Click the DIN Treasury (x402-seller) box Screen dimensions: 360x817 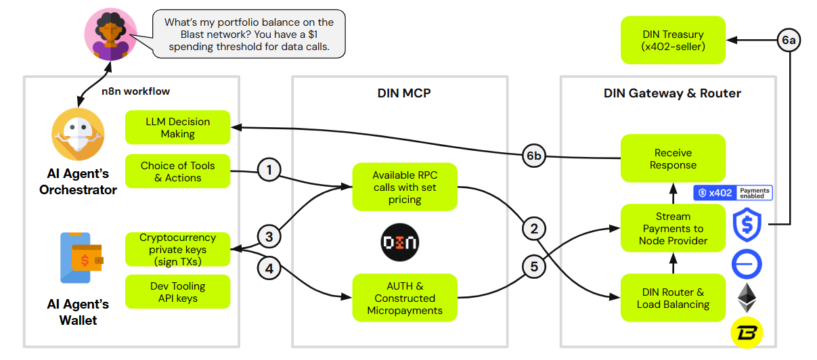[x=673, y=41]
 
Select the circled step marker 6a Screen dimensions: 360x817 [x=789, y=41]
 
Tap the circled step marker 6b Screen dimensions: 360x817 [x=534, y=157]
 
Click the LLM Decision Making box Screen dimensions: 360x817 [x=178, y=128]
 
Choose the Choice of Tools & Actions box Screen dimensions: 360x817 [x=178, y=172]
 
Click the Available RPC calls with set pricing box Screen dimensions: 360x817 [x=405, y=187]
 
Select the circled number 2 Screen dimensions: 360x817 [x=534, y=229]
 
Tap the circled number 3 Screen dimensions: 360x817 [x=269, y=237]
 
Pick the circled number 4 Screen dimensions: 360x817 [x=269, y=268]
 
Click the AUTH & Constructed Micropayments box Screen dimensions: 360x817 [x=405, y=298]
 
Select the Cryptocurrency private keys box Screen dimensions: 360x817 [x=178, y=250]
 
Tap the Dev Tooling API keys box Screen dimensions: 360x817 [x=178, y=292]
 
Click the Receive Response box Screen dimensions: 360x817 [x=673, y=159]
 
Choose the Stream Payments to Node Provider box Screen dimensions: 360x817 [x=673, y=229]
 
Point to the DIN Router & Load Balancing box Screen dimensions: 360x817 [x=673, y=298]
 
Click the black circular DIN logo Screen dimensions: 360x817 [x=399, y=242]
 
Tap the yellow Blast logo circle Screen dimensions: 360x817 [x=747, y=332]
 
